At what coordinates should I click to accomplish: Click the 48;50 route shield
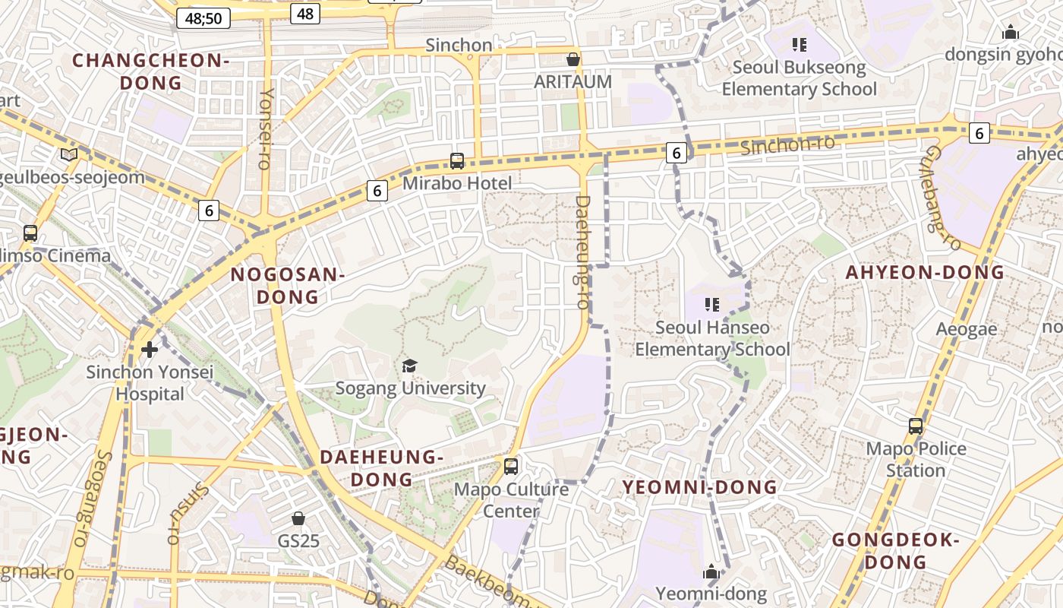point(203,17)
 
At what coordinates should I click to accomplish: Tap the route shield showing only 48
point(305,13)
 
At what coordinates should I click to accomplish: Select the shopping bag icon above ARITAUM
point(573,59)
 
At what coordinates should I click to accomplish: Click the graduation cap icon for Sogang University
point(410,366)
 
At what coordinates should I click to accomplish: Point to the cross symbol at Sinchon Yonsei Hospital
point(150,349)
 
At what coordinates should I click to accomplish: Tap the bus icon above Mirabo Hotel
point(457,160)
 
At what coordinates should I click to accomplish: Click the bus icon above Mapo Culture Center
point(511,466)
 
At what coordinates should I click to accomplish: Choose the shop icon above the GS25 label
point(298,518)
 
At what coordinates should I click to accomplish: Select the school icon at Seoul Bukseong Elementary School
point(799,45)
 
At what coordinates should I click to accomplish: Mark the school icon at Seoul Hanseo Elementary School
point(712,305)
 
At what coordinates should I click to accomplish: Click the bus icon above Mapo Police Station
point(916,426)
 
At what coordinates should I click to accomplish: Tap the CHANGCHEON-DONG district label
point(150,71)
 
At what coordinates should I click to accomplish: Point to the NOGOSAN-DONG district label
point(288,286)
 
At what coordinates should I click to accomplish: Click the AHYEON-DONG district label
point(925,272)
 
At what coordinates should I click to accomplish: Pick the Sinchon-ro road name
point(787,144)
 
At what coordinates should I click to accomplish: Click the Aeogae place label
point(967,329)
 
